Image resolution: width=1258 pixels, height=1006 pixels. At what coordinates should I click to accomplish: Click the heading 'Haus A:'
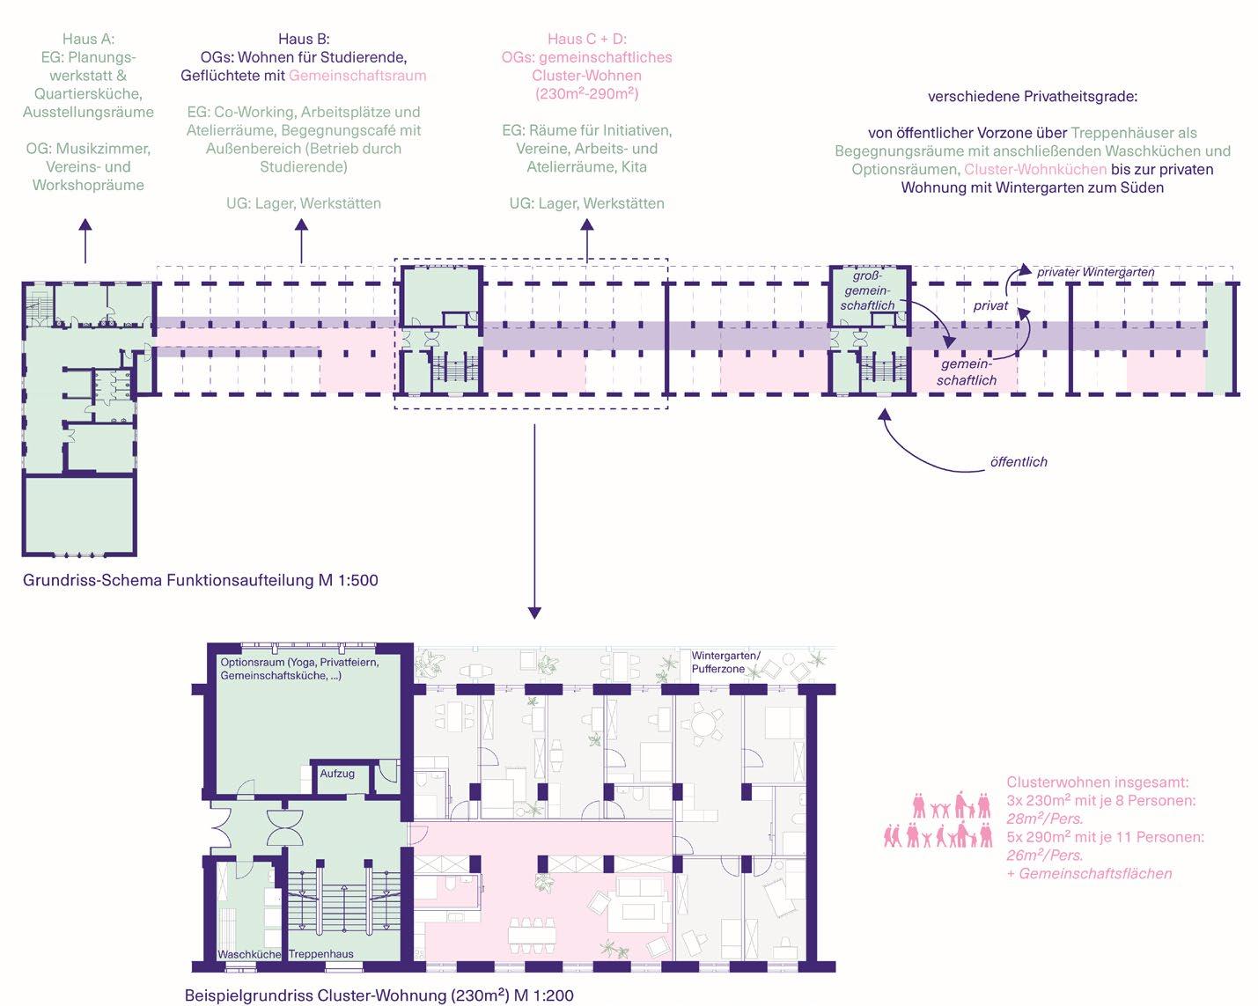click(88, 39)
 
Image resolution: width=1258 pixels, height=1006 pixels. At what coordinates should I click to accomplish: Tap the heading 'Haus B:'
click(304, 39)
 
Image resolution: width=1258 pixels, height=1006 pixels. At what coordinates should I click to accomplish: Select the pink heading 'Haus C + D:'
click(586, 39)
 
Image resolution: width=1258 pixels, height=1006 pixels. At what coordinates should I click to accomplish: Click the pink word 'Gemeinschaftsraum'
click(357, 76)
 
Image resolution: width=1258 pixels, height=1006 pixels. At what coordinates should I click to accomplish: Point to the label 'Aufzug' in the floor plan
click(337, 774)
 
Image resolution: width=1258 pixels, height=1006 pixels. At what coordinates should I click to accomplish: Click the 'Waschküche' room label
click(249, 954)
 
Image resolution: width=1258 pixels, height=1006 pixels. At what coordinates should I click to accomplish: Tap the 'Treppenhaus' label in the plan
click(321, 954)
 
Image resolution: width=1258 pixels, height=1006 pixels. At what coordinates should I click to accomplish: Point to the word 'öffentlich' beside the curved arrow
click(1019, 462)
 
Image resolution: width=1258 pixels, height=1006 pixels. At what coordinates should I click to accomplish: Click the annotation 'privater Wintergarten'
click(1095, 272)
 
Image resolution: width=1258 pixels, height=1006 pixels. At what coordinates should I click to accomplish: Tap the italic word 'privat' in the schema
click(990, 306)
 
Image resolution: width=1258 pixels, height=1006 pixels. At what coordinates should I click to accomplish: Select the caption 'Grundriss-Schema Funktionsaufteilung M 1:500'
click(201, 580)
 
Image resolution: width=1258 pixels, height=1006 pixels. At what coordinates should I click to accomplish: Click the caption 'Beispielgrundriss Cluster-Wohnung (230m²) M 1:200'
click(379, 995)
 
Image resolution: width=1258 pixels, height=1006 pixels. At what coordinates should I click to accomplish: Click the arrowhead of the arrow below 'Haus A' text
click(85, 224)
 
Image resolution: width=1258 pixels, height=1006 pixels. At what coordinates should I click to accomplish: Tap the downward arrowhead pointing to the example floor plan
click(533, 613)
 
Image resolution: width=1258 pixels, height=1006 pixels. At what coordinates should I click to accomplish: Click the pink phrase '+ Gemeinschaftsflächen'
click(1089, 873)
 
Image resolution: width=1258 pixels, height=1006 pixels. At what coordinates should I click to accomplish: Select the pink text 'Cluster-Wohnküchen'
click(1035, 169)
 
